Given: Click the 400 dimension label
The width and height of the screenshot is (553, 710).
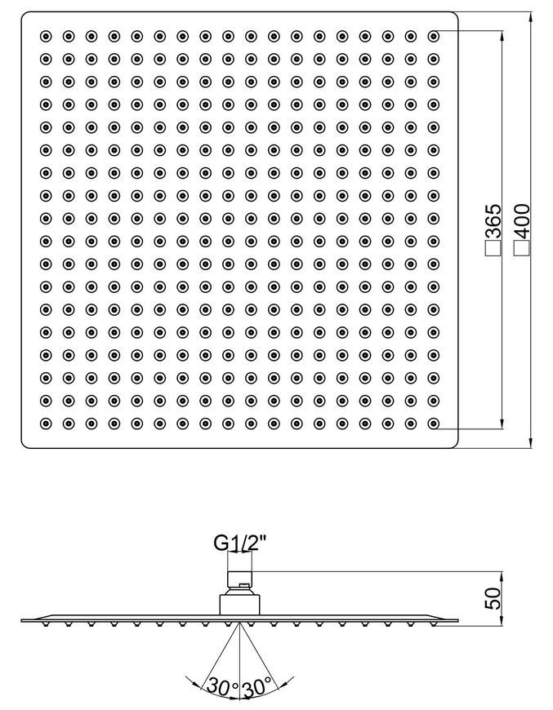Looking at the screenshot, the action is point(522,221).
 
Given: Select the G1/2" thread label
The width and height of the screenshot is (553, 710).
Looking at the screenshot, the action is point(240,542).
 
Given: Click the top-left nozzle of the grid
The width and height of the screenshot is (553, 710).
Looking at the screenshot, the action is point(46,36).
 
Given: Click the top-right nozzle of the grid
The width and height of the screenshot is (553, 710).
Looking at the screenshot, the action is point(434,36).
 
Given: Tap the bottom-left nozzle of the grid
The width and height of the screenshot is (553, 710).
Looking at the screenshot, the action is point(46,424).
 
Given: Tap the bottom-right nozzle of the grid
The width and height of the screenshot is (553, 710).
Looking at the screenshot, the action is point(434,424).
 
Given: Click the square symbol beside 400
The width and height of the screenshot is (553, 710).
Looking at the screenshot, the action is point(522,248).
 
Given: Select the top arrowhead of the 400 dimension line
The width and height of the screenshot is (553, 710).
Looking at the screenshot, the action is point(530,18).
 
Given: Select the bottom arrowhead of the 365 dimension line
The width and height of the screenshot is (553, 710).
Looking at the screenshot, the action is point(502,423).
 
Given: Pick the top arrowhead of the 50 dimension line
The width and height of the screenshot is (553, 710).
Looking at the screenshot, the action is point(502,577).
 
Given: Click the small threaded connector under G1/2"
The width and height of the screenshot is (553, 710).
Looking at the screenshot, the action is point(239,579).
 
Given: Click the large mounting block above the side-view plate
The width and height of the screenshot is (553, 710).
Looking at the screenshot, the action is point(239,605).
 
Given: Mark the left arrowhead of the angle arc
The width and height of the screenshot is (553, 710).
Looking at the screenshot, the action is point(191,680).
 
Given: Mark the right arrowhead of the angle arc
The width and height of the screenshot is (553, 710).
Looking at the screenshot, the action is point(288,680).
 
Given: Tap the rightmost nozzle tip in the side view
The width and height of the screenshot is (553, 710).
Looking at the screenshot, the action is point(434,624).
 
